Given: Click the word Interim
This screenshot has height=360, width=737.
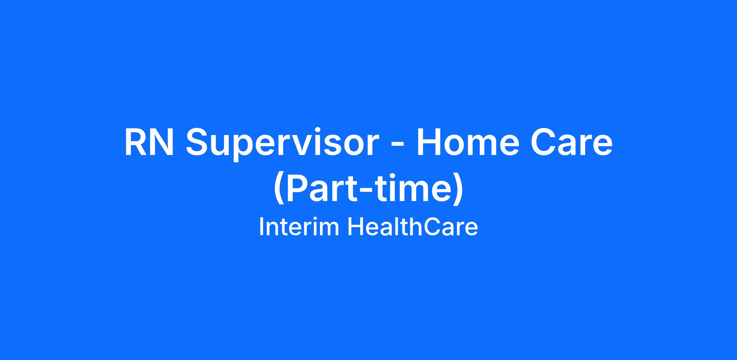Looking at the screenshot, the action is tap(299, 227).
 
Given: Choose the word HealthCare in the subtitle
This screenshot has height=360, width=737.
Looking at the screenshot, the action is tap(412, 227).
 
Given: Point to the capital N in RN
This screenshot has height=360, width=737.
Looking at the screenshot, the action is tap(162, 142).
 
